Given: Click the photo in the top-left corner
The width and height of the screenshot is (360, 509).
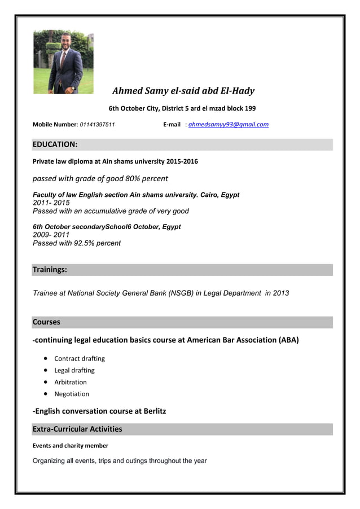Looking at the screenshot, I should point(63,62).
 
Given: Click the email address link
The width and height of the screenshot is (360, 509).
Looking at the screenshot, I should point(228,125).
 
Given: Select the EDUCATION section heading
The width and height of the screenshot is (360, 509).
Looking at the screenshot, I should point(55,144).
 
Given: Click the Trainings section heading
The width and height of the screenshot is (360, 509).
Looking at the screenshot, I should point(50,270).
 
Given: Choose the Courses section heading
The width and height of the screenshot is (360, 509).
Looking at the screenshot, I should point(46,322).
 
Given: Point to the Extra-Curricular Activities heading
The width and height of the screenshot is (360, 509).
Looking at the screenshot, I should point(77,429).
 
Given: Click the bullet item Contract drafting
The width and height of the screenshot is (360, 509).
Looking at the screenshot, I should point(80,358).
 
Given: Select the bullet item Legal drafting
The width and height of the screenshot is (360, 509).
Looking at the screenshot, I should point(74,370).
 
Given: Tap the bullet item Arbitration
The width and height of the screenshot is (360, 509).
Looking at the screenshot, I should point(71,382).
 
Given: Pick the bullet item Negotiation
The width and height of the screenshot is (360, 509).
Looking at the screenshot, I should point(72,394).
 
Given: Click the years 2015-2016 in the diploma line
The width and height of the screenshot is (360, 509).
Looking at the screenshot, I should point(182,161).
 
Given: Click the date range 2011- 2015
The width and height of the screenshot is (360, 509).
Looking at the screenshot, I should point(51,203).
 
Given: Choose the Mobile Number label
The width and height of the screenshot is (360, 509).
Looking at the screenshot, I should point(54,125).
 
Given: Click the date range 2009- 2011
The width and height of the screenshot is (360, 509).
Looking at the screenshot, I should point(51,235).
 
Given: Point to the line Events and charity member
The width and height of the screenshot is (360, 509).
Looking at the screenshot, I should point(71,446).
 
